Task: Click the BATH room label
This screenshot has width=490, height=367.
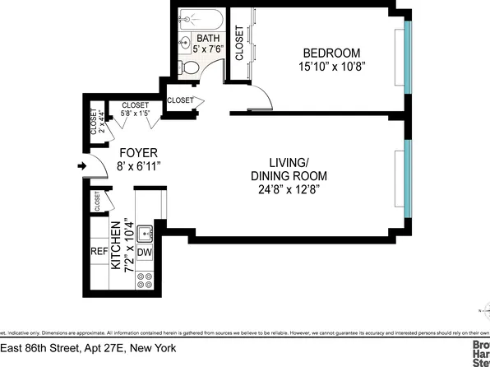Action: click(x=207, y=38)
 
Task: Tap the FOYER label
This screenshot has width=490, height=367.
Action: click(x=138, y=153)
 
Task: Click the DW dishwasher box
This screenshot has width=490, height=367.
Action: click(x=145, y=253)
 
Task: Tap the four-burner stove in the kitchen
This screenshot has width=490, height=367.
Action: click(x=145, y=282)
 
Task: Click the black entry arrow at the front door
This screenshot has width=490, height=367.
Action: click(x=81, y=166)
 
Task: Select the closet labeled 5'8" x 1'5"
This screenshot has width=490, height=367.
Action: click(x=135, y=110)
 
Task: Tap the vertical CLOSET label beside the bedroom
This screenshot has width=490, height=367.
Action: click(x=239, y=44)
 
